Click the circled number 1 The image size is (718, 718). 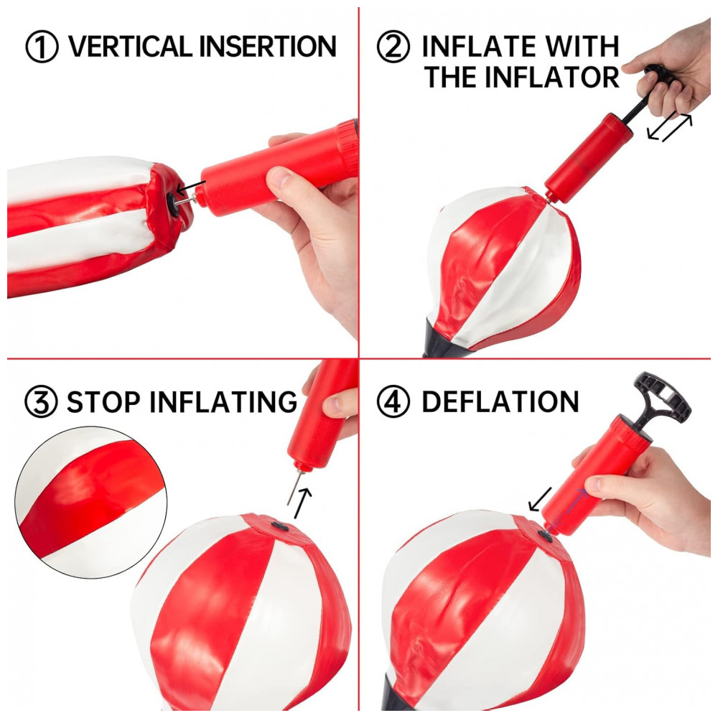pos(42,46)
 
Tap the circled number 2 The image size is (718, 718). pos(393,46)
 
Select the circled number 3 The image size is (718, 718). pos(41,401)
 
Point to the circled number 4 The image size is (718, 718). pos(393,401)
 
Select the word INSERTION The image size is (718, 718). pos(268,46)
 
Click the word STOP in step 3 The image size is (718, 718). pos(103,401)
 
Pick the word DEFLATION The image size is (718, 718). pos(500,401)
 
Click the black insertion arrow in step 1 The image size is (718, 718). pos(191,187)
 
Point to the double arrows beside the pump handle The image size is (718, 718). pos(669,127)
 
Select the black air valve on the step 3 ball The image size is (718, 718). pos(279,526)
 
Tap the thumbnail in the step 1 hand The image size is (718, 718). pos(280,177)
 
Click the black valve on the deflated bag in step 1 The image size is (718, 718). pos(173,202)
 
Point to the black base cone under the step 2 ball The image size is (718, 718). pos(435,338)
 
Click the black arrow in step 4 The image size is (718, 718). pos(540,499)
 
